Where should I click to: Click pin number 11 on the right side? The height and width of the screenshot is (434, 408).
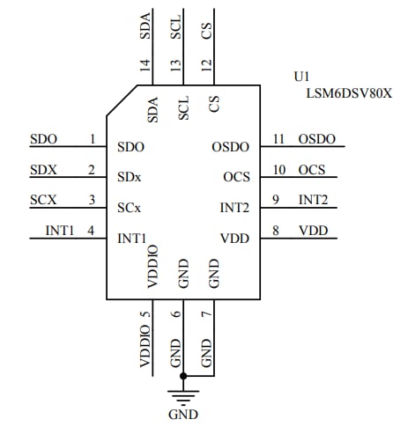tap(279, 139)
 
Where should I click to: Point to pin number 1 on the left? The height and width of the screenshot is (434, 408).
tap(92, 139)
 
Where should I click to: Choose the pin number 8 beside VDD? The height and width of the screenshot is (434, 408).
tap(276, 231)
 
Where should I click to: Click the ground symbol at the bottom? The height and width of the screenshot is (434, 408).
tap(182, 393)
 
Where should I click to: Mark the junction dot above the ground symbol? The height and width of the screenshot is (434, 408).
tap(182, 376)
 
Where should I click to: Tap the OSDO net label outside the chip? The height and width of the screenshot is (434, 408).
tap(316, 139)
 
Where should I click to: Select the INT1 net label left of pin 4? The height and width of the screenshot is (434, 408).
tap(60, 231)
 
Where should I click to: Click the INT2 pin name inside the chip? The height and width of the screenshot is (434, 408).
tap(234, 208)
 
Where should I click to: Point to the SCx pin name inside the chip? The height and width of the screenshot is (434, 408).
tap(130, 208)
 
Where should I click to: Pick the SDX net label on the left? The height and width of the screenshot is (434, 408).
tap(43, 170)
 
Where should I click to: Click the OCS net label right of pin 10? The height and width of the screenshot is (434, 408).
tap(312, 170)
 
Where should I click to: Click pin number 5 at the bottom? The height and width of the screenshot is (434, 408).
tap(146, 310)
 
